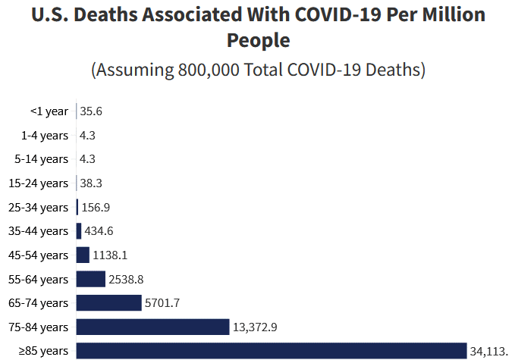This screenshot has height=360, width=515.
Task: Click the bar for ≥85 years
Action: click(272, 350)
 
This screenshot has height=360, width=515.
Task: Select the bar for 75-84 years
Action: click(152, 327)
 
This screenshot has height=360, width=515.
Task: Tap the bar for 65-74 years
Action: click(108, 303)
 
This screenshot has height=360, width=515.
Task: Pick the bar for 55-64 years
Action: click(90, 279)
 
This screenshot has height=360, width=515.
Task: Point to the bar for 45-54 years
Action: click(83, 255)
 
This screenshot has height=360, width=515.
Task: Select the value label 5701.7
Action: click(163, 303)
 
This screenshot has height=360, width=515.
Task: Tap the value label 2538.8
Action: click(127, 279)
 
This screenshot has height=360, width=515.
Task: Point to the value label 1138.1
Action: click(111, 255)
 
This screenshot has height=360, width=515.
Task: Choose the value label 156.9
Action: click(96, 207)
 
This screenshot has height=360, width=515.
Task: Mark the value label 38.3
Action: click(91, 183)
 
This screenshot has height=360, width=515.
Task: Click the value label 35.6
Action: click(91, 111)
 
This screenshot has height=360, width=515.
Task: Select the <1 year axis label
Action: click(49, 111)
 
